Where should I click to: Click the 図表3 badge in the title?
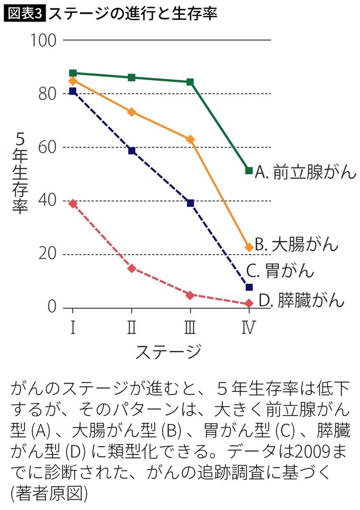(x=25, y=13)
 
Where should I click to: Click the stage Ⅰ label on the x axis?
(x=73, y=328)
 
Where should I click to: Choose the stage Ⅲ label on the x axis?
(x=190, y=328)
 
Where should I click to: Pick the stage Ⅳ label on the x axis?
(x=248, y=328)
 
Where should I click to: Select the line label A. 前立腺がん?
(x=306, y=172)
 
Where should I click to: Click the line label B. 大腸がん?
(x=296, y=245)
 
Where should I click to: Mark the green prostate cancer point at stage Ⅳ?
(x=249, y=171)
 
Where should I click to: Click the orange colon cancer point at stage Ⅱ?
(x=132, y=112)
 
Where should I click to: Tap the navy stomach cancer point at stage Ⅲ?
(x=191, y=203)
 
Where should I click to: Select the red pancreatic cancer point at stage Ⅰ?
(x=73, y=203)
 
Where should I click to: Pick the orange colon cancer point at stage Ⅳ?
(x=249, y=247)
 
